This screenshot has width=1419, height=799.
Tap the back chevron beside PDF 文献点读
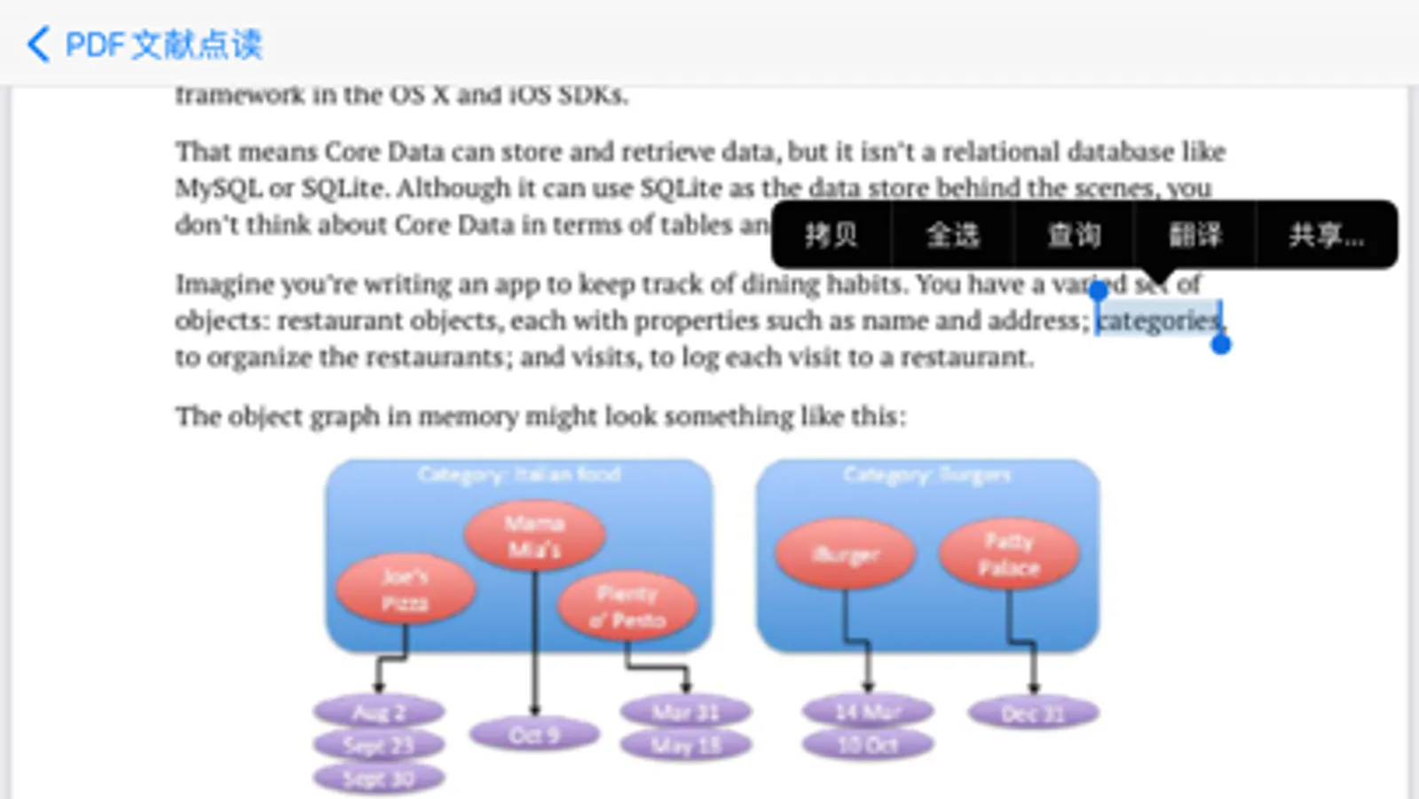click(x=38, y=44)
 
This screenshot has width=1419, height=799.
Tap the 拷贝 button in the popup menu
click(x=831, y=235)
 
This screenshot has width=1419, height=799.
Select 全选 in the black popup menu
click(x=952, y=235)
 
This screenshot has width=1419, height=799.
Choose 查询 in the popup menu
click(x=1074, y=235)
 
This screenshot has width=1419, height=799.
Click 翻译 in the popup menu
click(x=1194, y=235)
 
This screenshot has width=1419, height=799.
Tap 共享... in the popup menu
click(x=1326, y=235)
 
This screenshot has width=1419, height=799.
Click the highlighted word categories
click(x=1157, y=320)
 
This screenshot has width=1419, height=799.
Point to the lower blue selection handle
click(x=1221, y=344)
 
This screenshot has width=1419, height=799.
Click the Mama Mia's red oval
click(x=534, y=536)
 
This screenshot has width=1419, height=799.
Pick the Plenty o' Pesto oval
click(x=627, y=607)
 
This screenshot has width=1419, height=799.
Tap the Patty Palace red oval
click(x=1009, y=555)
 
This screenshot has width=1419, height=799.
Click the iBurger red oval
click(x=846, y=555)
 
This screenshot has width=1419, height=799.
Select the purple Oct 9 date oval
click(x=534, y=735)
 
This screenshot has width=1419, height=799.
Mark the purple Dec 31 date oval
click(x=1033, y=713)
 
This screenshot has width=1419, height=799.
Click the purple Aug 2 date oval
click(x=379, y=712)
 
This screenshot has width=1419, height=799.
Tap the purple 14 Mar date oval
click(x=868, y=712)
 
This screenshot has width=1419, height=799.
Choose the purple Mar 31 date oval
click(x=685, y=712)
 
